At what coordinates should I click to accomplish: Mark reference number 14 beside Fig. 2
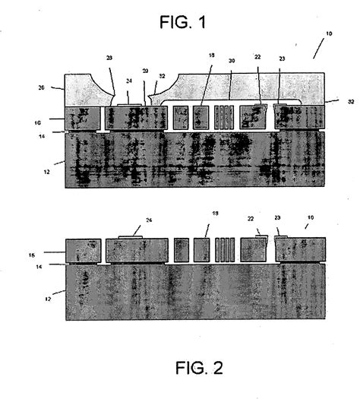point(50,265)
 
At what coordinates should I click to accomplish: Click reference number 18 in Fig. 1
point(210,78)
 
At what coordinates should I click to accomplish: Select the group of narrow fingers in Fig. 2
point(226,250)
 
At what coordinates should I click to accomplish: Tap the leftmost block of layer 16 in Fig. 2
point(83,250)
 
